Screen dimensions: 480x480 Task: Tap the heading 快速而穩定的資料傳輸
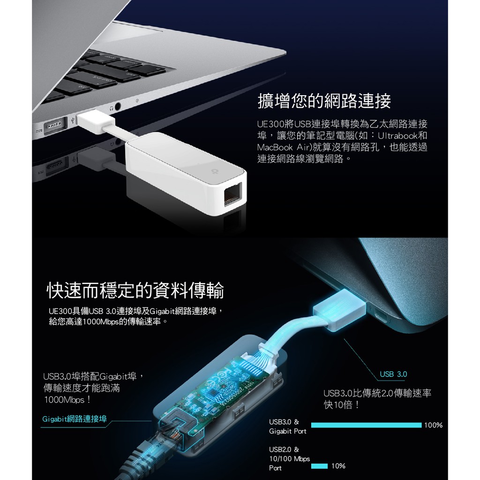click(135, 290)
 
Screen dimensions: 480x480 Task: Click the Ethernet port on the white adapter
click(232, 195)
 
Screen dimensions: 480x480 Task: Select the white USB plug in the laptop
click(96, 122)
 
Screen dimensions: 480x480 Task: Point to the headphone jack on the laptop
click(117, 106)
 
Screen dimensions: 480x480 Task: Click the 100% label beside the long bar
click(433, 425)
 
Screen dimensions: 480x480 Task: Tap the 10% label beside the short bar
click(338, 466)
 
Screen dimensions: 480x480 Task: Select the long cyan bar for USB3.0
click(366, 425)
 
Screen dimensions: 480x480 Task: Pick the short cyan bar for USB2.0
click(319, 466)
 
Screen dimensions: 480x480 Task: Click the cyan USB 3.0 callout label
click(393, 374)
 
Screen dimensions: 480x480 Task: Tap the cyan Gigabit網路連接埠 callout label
click(75, 419)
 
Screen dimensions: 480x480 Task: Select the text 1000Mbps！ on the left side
click(67, 400)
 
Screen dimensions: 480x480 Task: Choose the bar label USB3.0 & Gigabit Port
click(287, 427)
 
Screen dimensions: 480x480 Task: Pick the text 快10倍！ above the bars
click(342, 405)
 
